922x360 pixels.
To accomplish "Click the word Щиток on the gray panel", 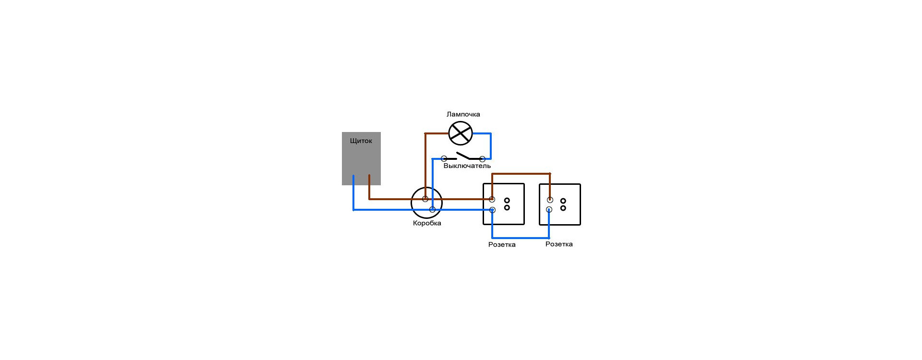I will coord(361,141).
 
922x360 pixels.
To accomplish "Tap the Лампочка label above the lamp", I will coord(463,114).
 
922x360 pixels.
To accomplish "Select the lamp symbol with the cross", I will coord(461,133).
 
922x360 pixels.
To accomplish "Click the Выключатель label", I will coord(467,166).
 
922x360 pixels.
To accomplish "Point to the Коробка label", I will coord(427,223).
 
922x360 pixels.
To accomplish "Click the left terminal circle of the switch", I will coord(444,158).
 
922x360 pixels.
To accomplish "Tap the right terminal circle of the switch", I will coord(482,158).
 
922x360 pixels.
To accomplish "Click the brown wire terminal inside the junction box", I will coord(425,199).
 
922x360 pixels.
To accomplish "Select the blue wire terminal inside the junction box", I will coord(432,209).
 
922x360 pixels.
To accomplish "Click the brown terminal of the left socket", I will coord(492,199).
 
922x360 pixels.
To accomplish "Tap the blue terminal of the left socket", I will coord(492,210).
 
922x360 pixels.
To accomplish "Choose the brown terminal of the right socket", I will coord(550,200).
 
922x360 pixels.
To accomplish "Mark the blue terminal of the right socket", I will coord(549,210).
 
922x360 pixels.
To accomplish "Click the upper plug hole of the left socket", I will coord(507,200).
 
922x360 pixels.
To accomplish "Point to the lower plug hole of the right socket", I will coord(563,208).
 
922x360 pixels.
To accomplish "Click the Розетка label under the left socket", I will coord(502,244).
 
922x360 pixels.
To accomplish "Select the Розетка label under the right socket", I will coord(559,244).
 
